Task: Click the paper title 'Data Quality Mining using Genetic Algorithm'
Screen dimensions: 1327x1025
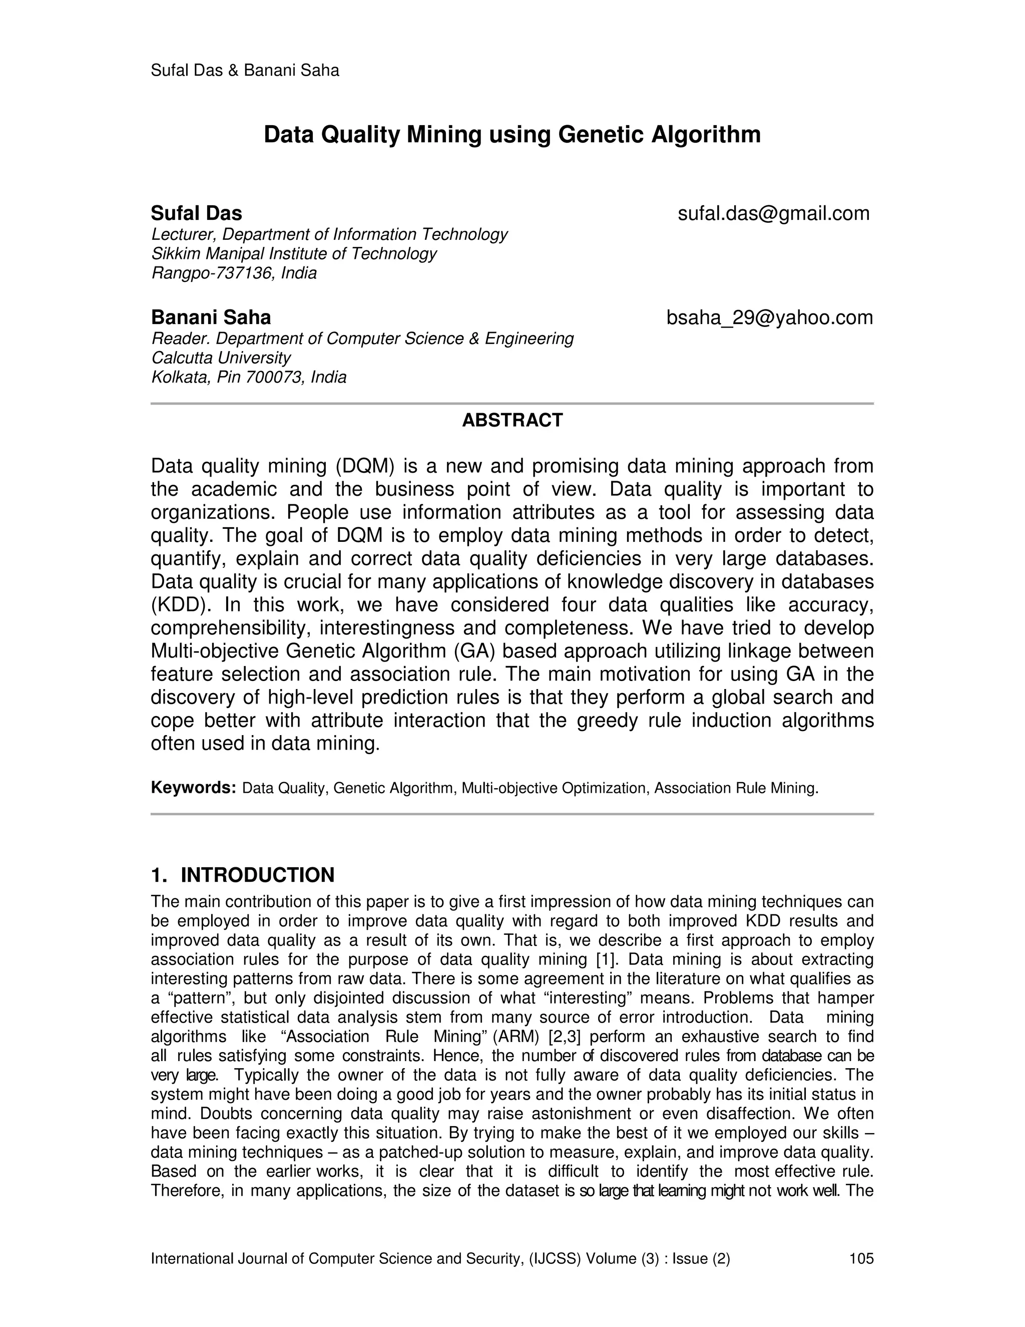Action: (x=512, y=135)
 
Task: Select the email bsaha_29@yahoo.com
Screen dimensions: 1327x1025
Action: (x=769, y=317)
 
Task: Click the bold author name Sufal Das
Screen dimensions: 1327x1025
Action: (x=196, y=213)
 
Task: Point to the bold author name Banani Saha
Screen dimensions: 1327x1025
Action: (x=211, y=317)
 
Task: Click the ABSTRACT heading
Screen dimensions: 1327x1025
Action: (x=512, y=420)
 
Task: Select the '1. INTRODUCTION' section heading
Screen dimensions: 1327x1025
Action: (x=242, y=875)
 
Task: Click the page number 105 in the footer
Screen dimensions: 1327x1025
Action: (x=861, y=1258)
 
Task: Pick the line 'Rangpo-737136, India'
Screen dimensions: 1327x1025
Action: (x=234, y=273)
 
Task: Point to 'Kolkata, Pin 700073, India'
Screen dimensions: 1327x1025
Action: (x=248, y=378)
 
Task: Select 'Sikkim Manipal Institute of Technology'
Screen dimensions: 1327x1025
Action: (x=294, y=253)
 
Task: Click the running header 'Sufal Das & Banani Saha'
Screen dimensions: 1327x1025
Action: (x=245, y=71)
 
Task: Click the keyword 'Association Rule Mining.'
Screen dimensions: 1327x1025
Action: (x=736, y=788)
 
